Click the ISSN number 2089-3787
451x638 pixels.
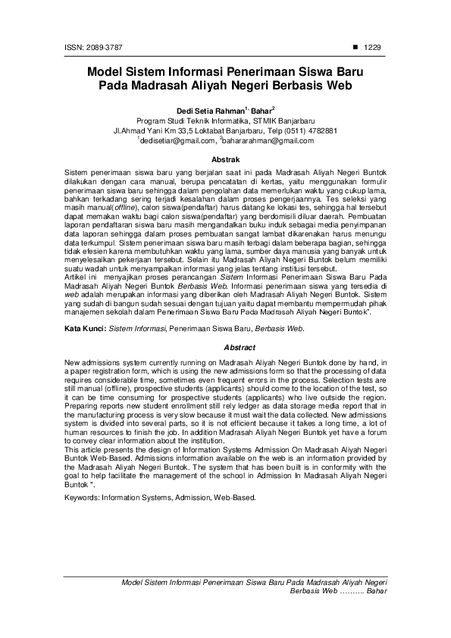(88, 47)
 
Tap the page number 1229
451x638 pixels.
(372, 47)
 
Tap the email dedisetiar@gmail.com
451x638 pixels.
(178, 141)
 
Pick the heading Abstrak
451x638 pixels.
(225, 161)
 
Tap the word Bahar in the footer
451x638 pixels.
(376, 590)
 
